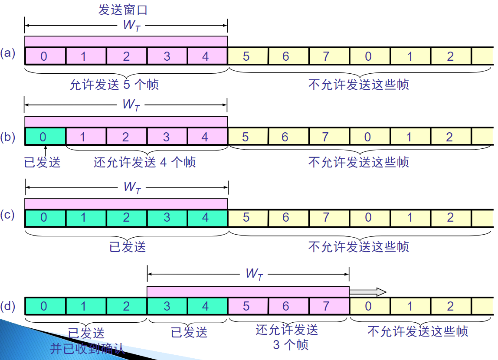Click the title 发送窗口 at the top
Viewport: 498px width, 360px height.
pyautogui.click(x=126, y=10)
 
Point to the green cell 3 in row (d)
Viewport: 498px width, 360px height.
pyautogui.click(x=167, y=306)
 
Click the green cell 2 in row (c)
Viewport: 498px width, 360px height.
pyautogui.click(x=127, y=217)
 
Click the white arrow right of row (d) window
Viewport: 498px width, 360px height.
pyautogui.click(x=368, y=292)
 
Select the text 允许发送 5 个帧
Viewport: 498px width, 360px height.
pyautogui.click(x=115, y=84)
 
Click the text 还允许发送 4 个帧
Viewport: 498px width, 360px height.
pyautogui.click(x=145, y=163)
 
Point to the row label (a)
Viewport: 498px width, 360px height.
pyautogui.click(x=8, y=53)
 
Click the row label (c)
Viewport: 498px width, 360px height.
pyautogui.click(x=8, y=215)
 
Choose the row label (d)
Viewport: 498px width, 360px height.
pyautogui.click(x=8, y=306)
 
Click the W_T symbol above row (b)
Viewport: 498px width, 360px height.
pyautogui.click(x=131, y=105)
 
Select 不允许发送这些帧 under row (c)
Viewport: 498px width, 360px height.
pyautogui.click(x=358, y=247)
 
